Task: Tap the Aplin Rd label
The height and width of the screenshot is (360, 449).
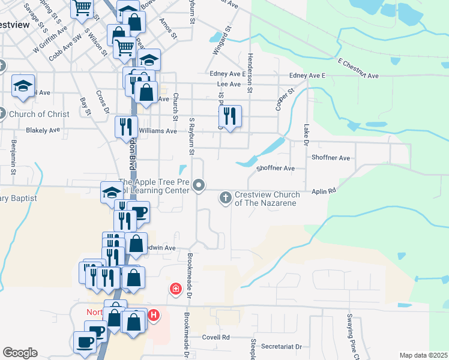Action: [x=324, y=191]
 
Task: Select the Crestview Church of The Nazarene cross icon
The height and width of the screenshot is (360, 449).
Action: [x=226, y=197]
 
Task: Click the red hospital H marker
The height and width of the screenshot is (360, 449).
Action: [x=154, y=314]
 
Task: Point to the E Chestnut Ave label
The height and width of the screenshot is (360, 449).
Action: [x=358, y=68]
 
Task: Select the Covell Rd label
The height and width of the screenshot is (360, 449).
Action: [x=216, y=337]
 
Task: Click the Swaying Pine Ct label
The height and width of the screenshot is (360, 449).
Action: [x=349, y=335]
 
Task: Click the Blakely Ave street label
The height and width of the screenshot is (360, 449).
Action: [x=43, y=130]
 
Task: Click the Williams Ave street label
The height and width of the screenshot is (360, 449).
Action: [x=158, y=130]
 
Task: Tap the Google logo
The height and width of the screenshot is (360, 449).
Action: [x=20, y=353]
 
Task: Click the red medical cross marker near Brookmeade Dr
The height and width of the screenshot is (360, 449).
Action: [x=175, y=289]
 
